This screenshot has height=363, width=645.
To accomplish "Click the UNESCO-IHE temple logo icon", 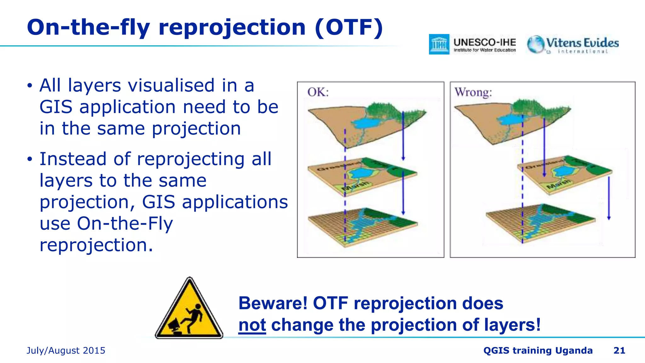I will coord(439,44).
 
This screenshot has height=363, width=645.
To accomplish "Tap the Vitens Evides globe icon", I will coord(536,44).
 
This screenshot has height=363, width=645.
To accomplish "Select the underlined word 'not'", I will coord(252,325).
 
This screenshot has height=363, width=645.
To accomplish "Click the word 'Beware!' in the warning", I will coord(273,303).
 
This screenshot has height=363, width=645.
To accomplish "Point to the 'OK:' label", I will coord(318,92).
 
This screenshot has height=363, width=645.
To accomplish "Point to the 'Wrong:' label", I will coord(473,92).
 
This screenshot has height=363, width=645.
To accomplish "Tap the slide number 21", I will coord(619,350).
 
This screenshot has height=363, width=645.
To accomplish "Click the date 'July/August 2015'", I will coord(66,350).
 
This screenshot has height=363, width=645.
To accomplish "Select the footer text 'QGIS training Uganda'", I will coord(538,350).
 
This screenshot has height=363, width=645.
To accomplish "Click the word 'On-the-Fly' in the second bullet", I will coord(125,223).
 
